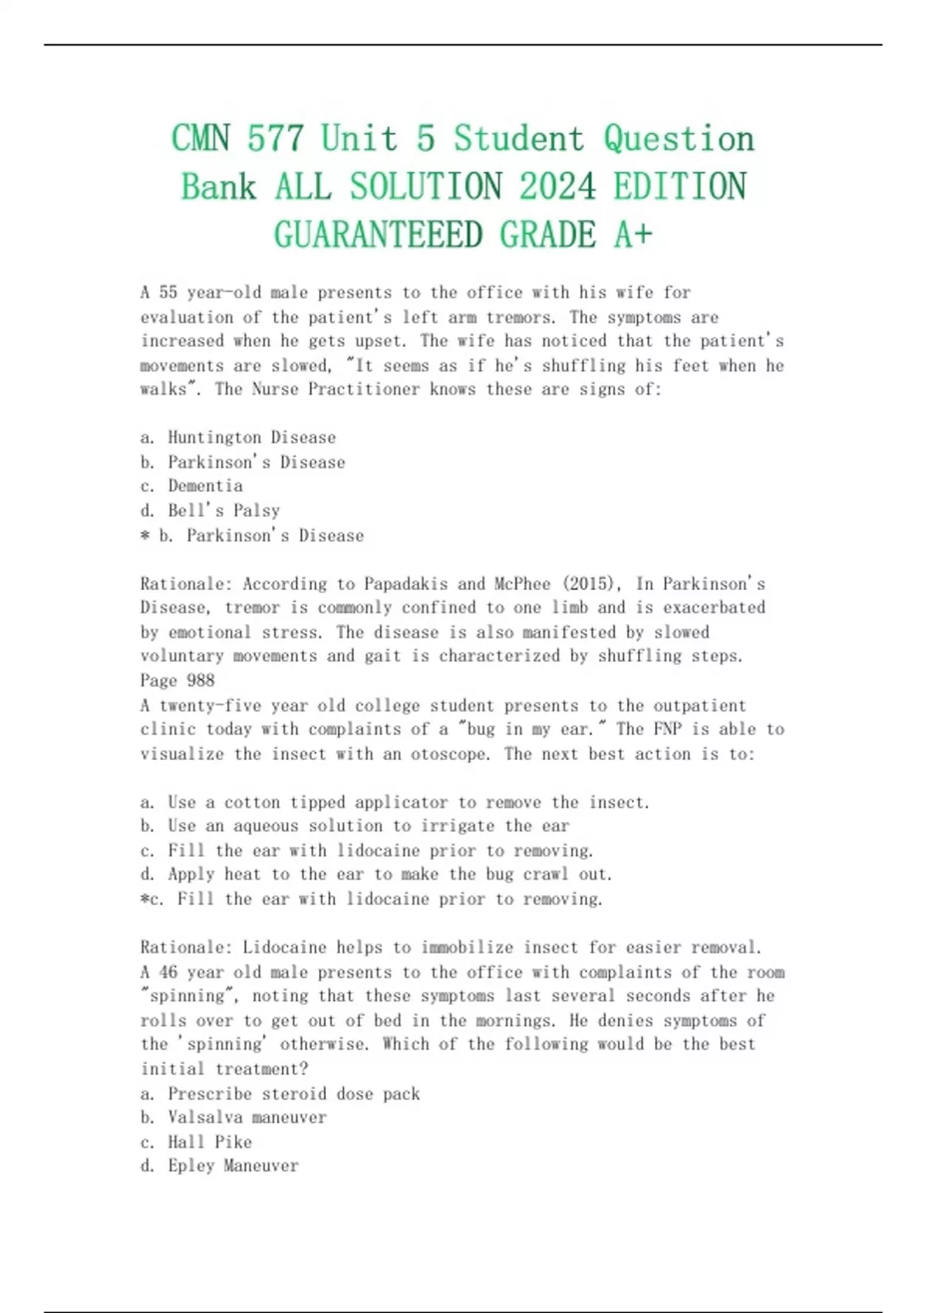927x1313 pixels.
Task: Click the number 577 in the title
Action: tap(275, 139)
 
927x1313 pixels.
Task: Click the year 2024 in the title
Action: tap(557, 187)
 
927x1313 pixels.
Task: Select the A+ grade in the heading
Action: tap(633, 235)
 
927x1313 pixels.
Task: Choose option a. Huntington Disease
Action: tap(238, 438)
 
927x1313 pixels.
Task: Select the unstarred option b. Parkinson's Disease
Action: tap(243, 463)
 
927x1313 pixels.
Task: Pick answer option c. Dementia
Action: tap(192, 486)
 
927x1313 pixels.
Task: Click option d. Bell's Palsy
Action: tap(210, 511)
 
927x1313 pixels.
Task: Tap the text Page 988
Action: tap(178, 680)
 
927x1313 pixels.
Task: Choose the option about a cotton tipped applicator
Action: tap(395, 802)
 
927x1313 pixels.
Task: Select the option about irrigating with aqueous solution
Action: tap(355, 826)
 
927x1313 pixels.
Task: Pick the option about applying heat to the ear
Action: tap(376, 874)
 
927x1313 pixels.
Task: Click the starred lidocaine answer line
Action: tap(372, 899)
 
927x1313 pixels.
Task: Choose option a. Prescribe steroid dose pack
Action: tap(280, 1094)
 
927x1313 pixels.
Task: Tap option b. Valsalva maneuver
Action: tap(233, 1118)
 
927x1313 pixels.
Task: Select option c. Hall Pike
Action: tap(196, 1142)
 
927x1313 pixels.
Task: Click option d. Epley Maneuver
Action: tap(219, 1165)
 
